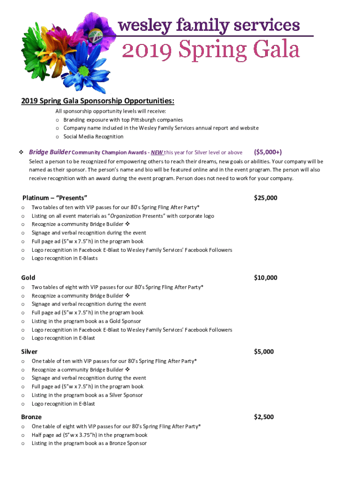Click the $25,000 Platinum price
(265, 198)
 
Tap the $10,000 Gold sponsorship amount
(265, 278)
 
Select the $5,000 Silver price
(264, 352)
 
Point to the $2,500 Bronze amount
(264, 417)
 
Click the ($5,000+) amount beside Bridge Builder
(267, 152)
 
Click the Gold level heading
(28, 278)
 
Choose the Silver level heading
(29, 352)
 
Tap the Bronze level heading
(31, 417)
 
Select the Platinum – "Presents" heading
(55, 198)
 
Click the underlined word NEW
(157, 152)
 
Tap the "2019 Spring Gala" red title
(210, 49)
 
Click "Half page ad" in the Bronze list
(46, 435)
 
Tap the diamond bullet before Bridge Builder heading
(21, 152)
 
